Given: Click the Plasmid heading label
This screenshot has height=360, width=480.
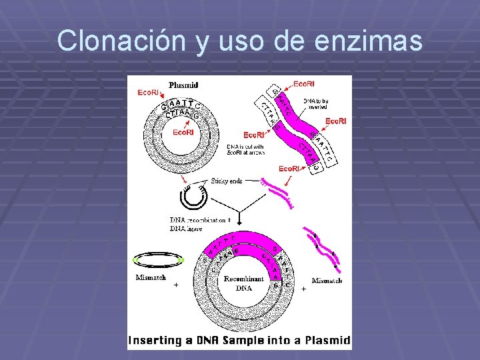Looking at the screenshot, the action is [183, 85].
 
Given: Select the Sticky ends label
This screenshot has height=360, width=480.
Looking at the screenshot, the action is [227, 181].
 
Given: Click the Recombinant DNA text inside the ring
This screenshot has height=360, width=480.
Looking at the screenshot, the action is [243, 283].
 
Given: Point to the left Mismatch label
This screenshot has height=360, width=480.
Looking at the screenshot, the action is [151, 278].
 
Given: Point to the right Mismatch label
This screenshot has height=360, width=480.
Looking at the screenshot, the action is [327, 281].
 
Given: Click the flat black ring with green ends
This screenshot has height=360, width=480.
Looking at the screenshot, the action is [158, 259].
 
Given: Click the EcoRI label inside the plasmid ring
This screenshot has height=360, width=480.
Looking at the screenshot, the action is [184, 132].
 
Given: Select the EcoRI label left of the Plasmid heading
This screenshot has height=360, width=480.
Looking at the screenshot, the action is [148, 92].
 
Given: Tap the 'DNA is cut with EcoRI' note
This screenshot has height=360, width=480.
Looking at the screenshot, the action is [246, 149].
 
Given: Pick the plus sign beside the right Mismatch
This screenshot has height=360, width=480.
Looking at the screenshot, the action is [304, 289].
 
